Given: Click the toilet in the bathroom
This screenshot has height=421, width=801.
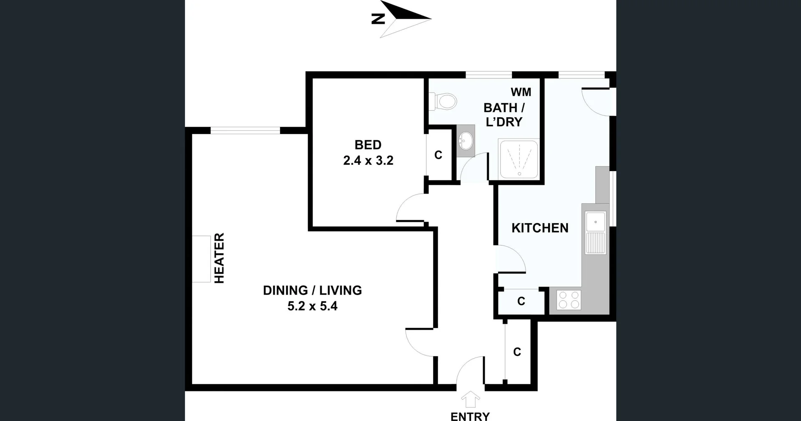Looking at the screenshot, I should click(445, 101).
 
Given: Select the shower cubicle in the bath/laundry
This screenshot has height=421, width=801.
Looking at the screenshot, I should click(519, 159).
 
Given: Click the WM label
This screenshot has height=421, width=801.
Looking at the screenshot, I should click(521, 92).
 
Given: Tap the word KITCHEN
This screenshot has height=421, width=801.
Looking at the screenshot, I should click(540, 228).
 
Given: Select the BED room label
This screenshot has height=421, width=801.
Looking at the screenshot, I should click(368, 145).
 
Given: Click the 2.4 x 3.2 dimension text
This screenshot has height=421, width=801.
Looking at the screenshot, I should click(368, 161).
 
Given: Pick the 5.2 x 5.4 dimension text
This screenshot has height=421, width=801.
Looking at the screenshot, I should click(312, 306).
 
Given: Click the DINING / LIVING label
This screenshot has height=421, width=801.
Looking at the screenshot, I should click(312, 290).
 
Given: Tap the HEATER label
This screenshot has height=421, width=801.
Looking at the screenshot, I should click(219, 258).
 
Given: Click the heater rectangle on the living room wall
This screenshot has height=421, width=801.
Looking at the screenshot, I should click(201, 259).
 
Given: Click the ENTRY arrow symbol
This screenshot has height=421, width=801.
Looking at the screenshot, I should click(470, 399).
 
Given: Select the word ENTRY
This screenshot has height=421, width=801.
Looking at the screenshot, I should click(470, 416).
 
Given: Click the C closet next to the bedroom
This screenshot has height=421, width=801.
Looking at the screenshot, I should click(438, 155).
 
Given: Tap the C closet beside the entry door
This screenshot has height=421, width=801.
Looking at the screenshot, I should click(517, 352).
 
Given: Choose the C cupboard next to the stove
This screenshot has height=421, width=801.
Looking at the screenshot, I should click(521, 301).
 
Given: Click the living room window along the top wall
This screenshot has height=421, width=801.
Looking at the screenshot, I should click(245, 130).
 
